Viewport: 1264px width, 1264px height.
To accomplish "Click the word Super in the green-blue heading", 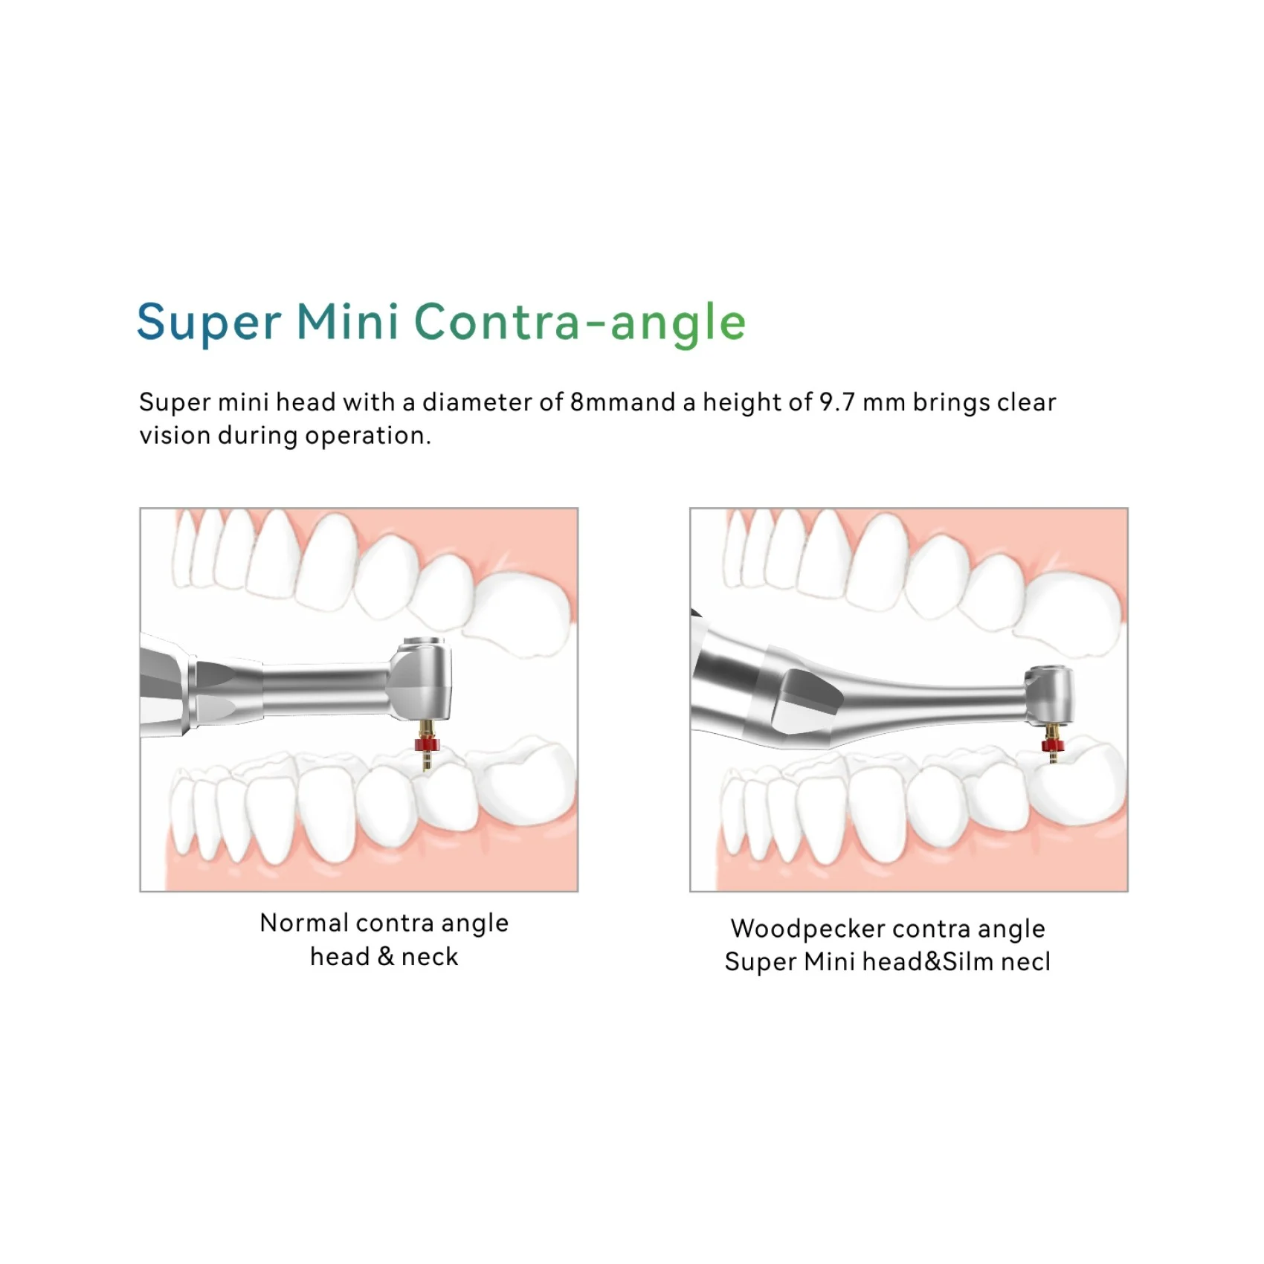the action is click(x=209, y=323).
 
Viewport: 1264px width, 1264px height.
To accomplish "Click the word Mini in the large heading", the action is click(x=348, y=321).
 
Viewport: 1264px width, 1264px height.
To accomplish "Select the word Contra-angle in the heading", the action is click(x=579, y=323).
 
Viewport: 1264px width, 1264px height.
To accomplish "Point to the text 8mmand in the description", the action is click(x=623, y=402).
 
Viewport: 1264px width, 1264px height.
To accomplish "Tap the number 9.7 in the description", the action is click(x=836, y=402).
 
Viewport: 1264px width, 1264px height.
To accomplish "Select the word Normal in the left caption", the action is click(x=304, y=923).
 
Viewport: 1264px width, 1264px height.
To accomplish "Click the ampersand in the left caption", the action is click(x=385, y=957).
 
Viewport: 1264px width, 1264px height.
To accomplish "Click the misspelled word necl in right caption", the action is click(x=1025, y=962).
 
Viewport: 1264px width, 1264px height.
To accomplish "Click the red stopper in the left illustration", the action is click(x=427, y=744).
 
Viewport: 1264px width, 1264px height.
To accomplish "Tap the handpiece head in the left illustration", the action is click(x=422, y=679).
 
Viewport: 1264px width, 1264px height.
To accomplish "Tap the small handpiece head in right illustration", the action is click(x=1049, y=694).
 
